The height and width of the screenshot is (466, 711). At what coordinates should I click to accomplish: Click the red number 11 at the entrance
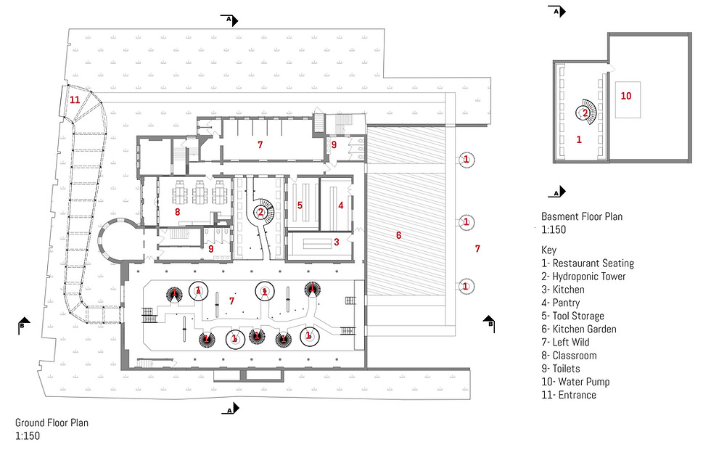tap(75, 100)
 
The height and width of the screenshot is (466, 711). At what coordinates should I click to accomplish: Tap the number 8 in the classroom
tap(177, 212)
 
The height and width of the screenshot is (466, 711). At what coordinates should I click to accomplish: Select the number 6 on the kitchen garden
tap(398, 235)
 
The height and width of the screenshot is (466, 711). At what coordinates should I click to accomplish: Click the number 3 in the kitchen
tap(337, 242)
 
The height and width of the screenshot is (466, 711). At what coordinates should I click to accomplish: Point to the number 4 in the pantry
tap(340, 205)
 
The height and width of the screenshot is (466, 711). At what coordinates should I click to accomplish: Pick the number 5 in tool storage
tap(300, 205)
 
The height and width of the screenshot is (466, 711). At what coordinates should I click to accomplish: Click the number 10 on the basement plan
tap(625, 96)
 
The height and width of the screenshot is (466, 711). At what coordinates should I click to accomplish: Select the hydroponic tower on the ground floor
tap(260, 212)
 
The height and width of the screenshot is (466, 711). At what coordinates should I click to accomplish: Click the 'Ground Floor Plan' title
tap(52, 423)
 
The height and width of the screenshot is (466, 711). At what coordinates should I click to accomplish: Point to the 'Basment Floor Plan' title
tap(582, 216)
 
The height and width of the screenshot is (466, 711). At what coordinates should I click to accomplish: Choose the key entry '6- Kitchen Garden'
tap(579, 329)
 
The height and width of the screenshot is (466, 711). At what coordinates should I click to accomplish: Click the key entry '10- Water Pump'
tap(575, 382)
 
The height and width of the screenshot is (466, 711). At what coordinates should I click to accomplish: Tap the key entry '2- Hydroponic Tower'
tap(583, 277)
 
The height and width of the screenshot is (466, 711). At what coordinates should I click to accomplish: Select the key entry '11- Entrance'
tap(569, 395)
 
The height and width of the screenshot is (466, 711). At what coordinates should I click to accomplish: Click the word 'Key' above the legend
tap(548, 250)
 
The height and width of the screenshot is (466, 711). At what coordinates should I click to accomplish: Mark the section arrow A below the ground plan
tap(231, 409)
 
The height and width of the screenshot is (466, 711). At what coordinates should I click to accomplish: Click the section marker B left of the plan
tap(23, 326)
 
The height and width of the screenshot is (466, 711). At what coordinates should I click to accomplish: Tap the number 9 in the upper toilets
tap(334, 144)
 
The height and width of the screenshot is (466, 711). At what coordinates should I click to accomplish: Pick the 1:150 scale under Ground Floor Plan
tap(28, 436)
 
